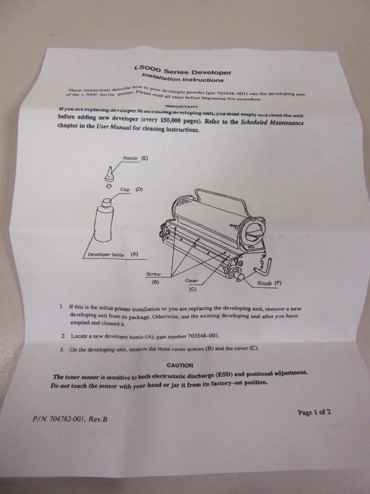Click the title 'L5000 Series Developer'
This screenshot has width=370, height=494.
point(181,70)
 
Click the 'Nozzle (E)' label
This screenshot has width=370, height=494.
point(135,158)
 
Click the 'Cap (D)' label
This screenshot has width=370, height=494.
point(132,189)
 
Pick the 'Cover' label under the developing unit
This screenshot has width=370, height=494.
point(192,281)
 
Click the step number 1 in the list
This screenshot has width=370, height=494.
point(62,307)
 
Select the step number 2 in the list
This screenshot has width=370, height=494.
point(63,336)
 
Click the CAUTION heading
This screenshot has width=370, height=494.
point(180,365)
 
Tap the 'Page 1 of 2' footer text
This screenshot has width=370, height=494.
point(314,412)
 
